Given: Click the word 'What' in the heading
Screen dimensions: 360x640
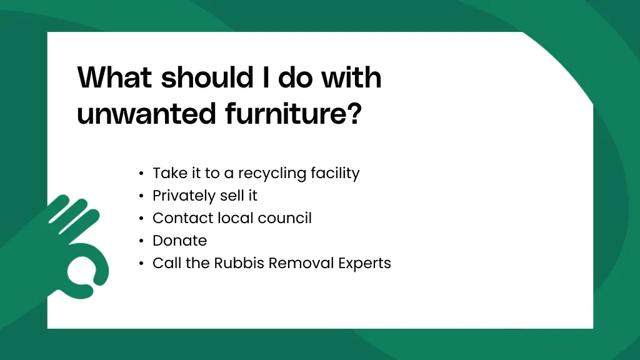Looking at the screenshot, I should [x=114, y=78].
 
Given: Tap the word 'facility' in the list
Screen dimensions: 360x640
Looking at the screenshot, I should [x=338, y=173].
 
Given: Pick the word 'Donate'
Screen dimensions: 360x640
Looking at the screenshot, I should [x=179, y=241].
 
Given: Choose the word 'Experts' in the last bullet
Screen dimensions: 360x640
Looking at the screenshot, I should [x=364, y=264].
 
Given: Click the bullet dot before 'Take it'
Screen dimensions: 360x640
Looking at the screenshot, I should [x=142, y=174].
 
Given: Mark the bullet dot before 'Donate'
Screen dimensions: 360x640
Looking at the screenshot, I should [x=142, y=241].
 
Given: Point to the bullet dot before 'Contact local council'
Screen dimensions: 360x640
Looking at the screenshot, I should [x=142, y=219].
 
